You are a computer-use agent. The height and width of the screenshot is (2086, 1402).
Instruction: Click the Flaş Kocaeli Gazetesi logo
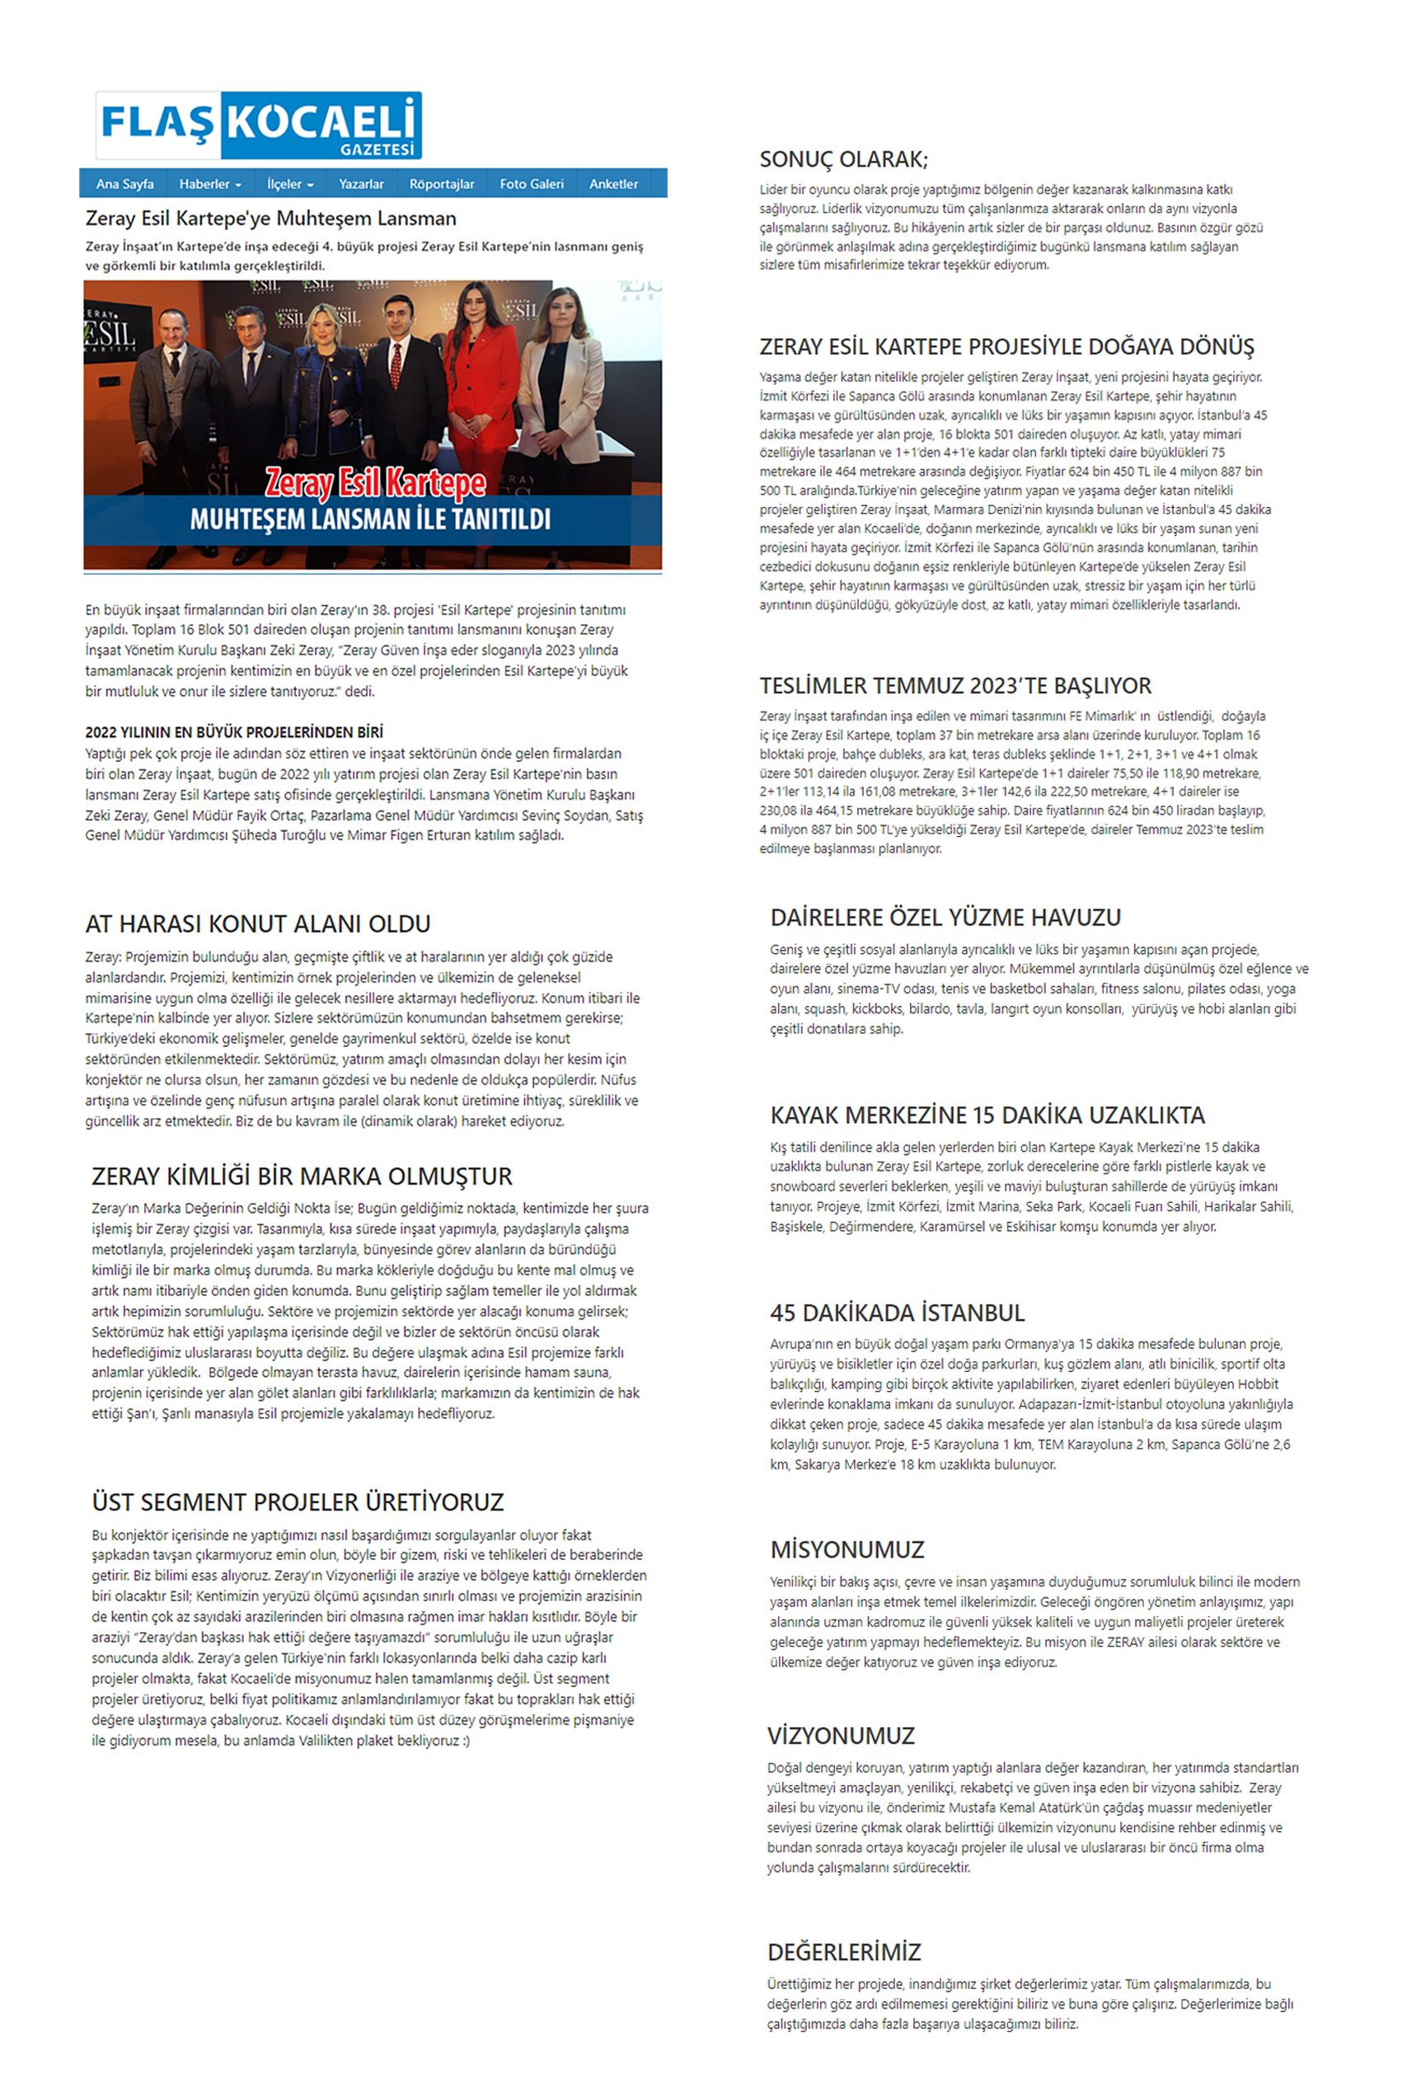pos(259,125)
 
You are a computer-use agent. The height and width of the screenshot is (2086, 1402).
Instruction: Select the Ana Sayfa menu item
pos(124,184)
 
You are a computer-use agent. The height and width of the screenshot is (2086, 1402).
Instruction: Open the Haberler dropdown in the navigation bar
pos(210,184)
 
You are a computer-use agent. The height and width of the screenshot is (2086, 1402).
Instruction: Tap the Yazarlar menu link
pos(361,184)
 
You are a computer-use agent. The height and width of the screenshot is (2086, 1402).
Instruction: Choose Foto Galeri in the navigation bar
pos(531,184)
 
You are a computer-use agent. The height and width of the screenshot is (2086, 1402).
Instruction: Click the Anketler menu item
pos(613,184)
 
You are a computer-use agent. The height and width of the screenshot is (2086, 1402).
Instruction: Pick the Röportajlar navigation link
pos(442,184)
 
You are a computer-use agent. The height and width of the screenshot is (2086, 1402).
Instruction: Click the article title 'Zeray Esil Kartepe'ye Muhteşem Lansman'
pos(271,218)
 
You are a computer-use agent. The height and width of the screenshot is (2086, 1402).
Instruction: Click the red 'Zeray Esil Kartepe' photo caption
pos(376,484)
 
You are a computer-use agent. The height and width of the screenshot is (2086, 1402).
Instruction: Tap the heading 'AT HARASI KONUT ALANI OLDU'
pos(257,924)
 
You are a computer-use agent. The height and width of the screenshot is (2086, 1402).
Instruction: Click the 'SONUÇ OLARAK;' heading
pos(843,160)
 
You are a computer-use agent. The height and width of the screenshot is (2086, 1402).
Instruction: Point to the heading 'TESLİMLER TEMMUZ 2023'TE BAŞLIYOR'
pos(955,686)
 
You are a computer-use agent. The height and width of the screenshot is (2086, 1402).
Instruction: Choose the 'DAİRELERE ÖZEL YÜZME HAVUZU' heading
pos(945,918)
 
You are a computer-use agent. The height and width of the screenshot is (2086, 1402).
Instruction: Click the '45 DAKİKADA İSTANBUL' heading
pos(897,1313)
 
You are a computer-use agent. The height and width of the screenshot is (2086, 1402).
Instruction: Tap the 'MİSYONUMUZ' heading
pos(846,1549)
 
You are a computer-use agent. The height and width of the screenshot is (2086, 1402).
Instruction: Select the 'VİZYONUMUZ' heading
pos(841,1736)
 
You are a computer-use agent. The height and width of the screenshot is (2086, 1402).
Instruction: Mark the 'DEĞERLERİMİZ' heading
pos(843,1952)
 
